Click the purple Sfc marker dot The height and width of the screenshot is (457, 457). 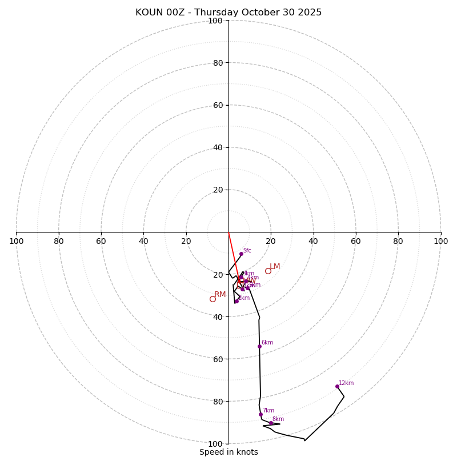point(240,254)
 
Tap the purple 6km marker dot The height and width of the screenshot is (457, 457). point(259,346)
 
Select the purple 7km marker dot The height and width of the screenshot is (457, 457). point(260,414)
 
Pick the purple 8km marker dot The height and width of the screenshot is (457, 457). point(271,423)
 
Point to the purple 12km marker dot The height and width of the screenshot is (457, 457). point(337,386)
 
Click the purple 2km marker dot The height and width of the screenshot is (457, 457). point(236,301)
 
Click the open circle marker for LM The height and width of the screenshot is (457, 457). point(268,271)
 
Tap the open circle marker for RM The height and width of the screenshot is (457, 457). point(213,299)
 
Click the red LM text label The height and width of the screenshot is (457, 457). point(275,266)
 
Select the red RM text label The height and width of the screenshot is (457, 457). point(220,294)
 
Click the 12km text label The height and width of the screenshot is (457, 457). point(346,383)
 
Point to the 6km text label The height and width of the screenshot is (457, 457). point(267,343)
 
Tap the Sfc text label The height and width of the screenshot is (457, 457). point(247,250)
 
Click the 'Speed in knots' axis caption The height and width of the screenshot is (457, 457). point(228,452)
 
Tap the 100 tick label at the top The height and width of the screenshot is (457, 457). point(215,21)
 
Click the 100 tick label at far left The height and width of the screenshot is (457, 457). point(16,241)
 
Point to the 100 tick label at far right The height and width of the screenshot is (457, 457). point(440,241)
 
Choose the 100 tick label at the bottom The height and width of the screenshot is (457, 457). point(215,444)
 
